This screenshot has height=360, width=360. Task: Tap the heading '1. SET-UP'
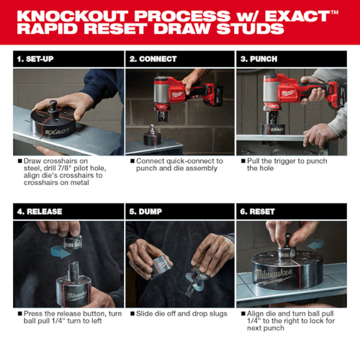point(34,58)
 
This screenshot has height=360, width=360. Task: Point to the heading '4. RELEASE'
point(39,212)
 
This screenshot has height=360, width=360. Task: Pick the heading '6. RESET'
point(258,212)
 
